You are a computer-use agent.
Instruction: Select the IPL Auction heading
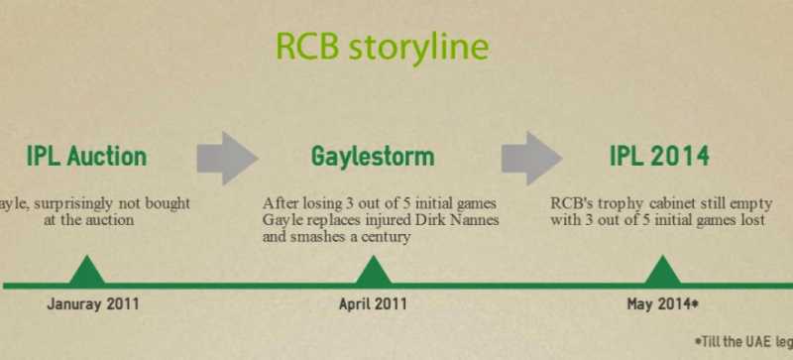click(x=86, y=157)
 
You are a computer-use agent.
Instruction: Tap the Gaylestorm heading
click(x=373, y=157)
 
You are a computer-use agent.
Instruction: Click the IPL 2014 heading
click(x=659, y=157)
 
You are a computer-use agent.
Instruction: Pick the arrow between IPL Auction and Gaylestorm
click(x=227, y=156)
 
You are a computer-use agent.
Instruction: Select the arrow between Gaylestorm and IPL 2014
click(x=530, y=156)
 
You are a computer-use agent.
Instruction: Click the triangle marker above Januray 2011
click(x=87, y=272)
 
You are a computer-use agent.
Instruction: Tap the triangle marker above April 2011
click(x=373, y=272)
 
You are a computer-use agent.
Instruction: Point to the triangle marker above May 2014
click(x=663, y=272)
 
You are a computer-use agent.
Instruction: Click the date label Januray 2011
click(x=93, y=303)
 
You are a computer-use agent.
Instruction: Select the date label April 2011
click(x=373, y=303)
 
